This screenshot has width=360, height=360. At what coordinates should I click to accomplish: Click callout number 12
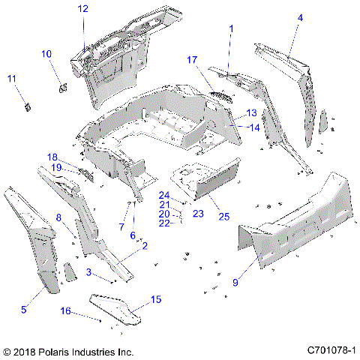pyautogui.click(x=82, y=9)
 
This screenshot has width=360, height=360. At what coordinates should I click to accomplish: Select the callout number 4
pyautogui.click(x=300, y=17)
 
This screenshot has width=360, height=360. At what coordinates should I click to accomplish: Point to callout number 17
pyautogui.click(x=192, y=59)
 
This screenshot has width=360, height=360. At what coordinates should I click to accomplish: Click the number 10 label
pyautogui.click(x=46, y=54)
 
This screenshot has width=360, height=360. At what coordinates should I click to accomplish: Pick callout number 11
pyautogui.click(x=12, y=79)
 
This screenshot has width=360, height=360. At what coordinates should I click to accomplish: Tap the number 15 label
pyautogui.click(x=156, y=299)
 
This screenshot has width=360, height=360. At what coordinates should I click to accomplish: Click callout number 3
pyautogui.click(x=88, y=271)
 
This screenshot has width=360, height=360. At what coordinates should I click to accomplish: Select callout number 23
pyautogui.click(x=199, y=214)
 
